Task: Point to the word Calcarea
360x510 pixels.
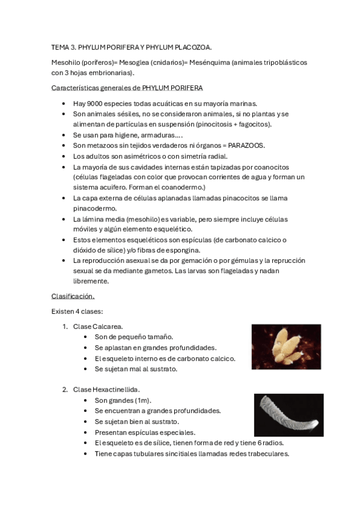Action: click(x=109, y=326)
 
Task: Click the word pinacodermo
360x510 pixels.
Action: click(x=92, y=208)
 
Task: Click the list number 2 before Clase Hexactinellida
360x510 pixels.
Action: click(x=64, y=389)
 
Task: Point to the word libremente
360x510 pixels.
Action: click(x=91, y=281)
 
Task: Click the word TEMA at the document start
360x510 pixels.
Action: click(x=61, y=47)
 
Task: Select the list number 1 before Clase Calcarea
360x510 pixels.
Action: click(x=64, y=326)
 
